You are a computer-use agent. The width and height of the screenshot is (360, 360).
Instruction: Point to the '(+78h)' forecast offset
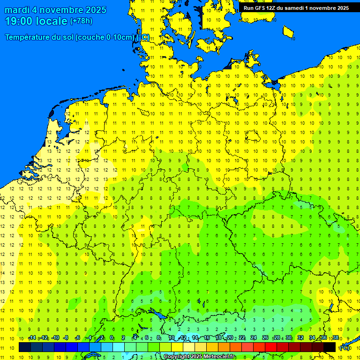point(81,21)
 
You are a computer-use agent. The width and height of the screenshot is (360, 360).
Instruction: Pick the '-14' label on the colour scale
point(32,338)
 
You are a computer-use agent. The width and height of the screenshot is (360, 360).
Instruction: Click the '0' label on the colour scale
point(112,338)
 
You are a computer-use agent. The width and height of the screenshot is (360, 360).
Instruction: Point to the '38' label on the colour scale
point(336,338)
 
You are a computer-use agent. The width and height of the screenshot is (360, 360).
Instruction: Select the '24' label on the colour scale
point(254,338)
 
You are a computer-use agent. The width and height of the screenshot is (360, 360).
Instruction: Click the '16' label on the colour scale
point(206,338)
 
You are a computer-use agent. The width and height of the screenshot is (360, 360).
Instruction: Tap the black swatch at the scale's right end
point(330,347)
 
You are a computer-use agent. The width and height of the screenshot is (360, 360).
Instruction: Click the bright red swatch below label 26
point(271,347)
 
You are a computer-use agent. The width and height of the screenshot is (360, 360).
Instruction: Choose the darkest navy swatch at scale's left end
point(25,347)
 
